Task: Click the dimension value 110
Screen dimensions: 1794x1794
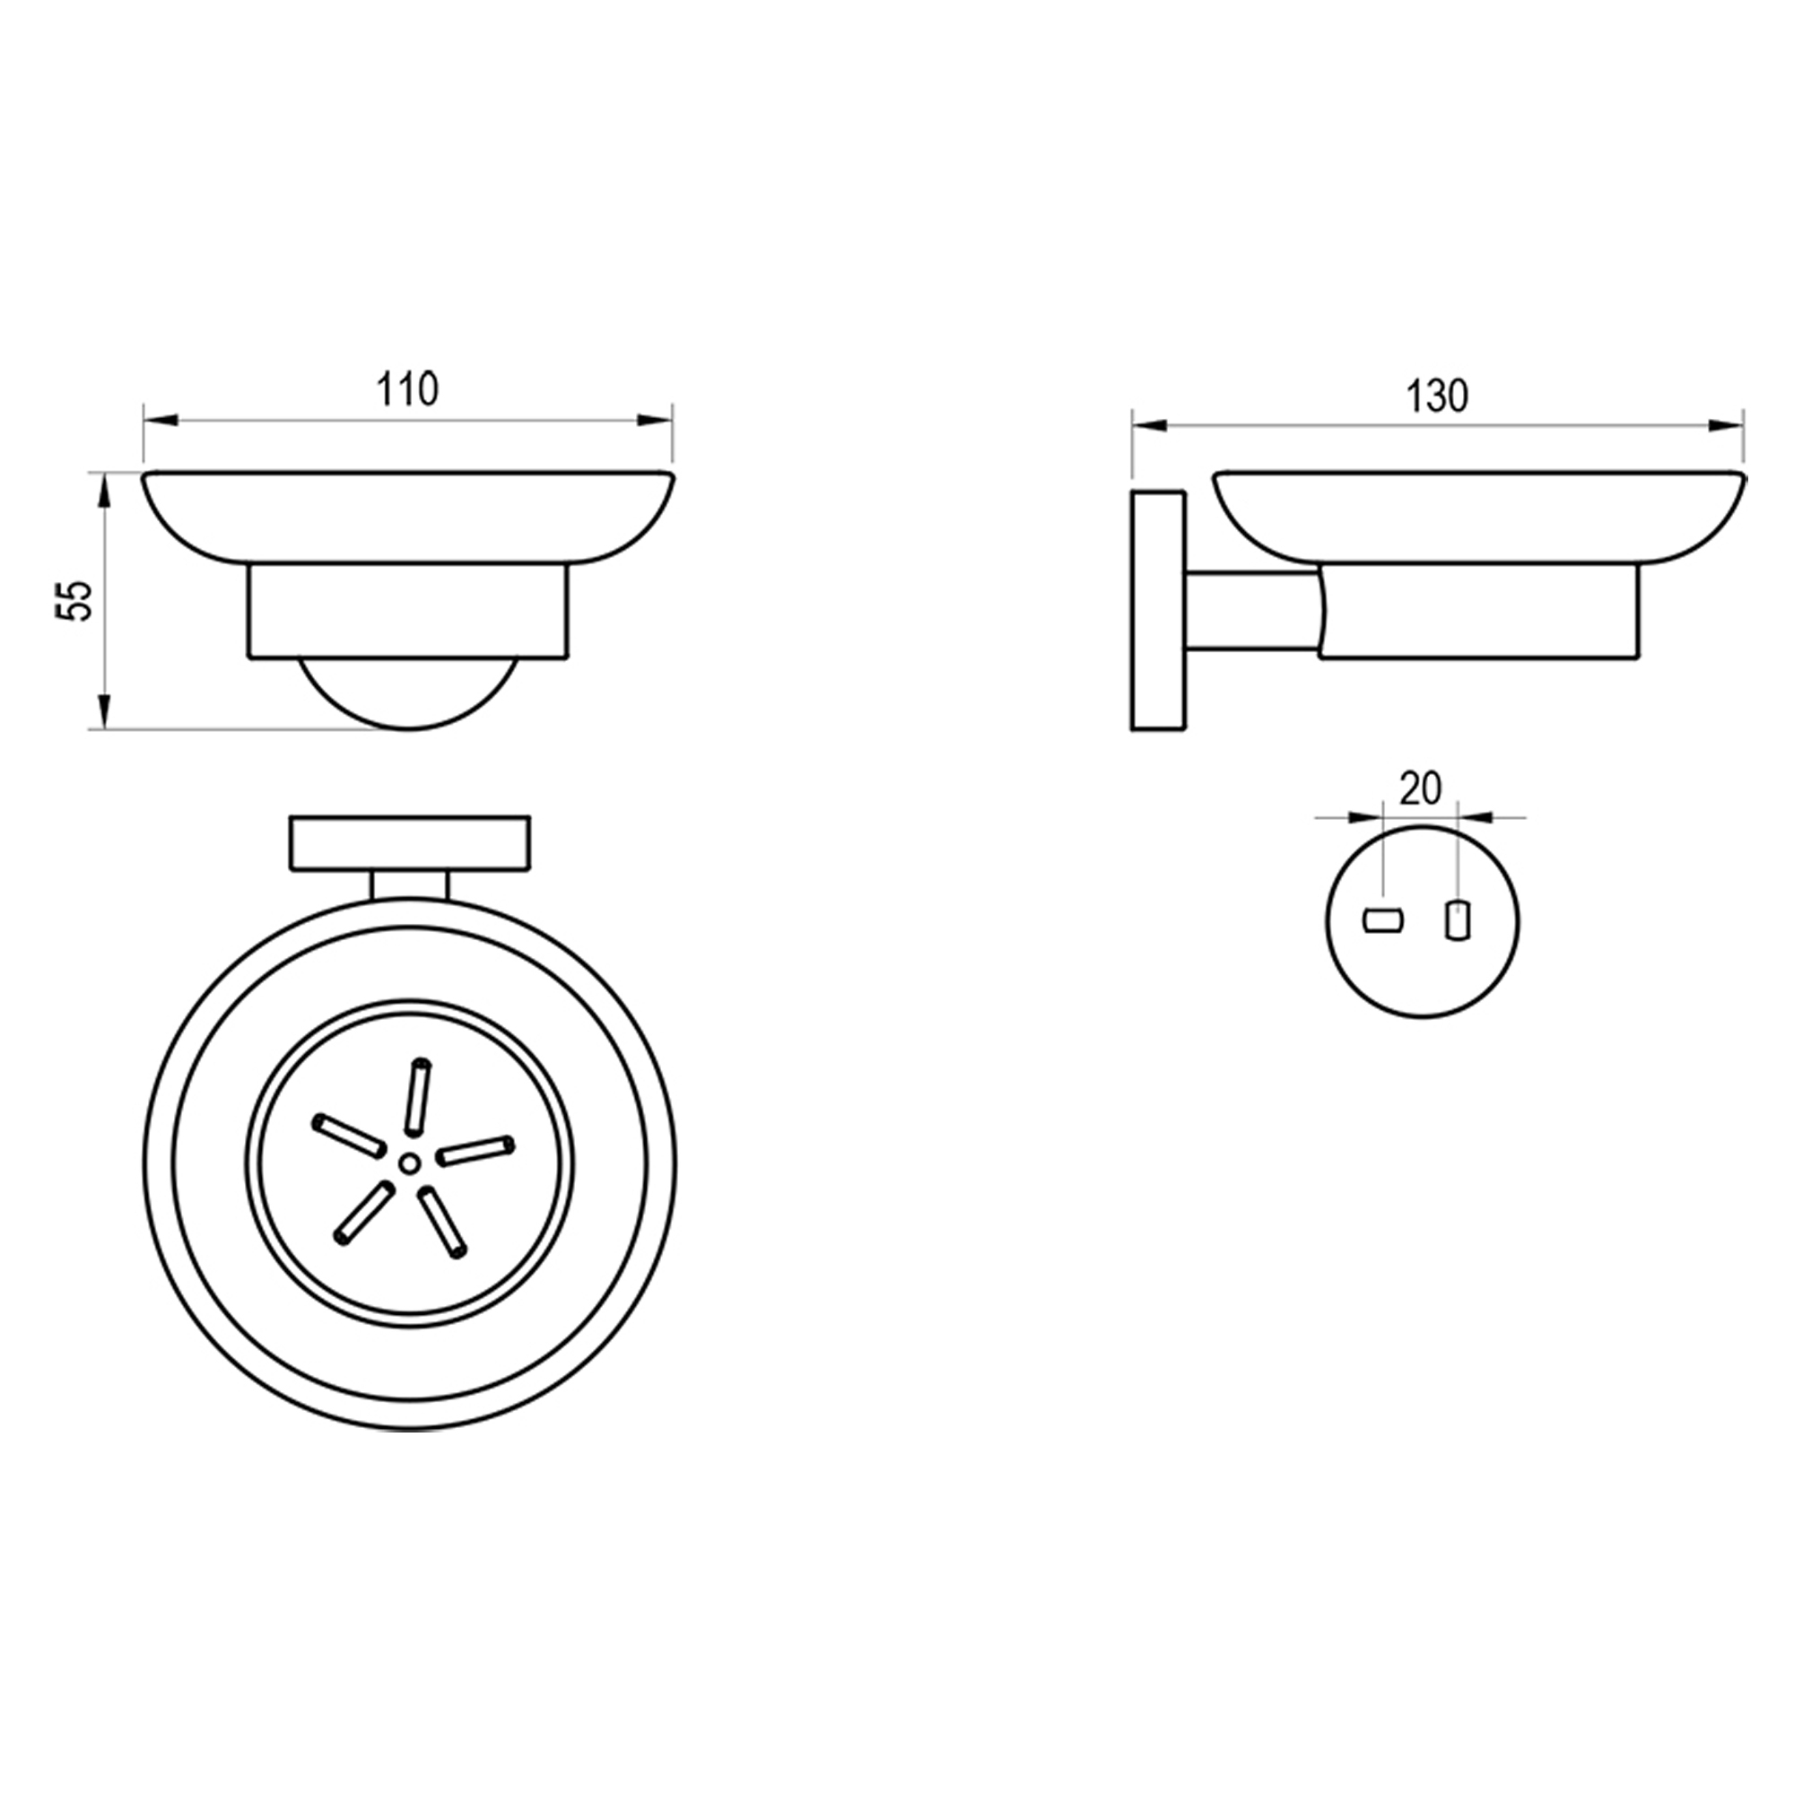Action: point(406,390)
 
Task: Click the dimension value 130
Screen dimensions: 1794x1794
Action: point(1437,396)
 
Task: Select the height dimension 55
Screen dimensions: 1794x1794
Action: point(75,600)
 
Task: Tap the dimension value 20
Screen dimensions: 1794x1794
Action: point(1421,790)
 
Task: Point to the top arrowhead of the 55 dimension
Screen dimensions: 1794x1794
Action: point(105,491)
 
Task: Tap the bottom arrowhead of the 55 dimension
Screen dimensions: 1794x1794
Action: point(105,711)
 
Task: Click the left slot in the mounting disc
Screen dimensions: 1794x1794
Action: point(1382,921)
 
